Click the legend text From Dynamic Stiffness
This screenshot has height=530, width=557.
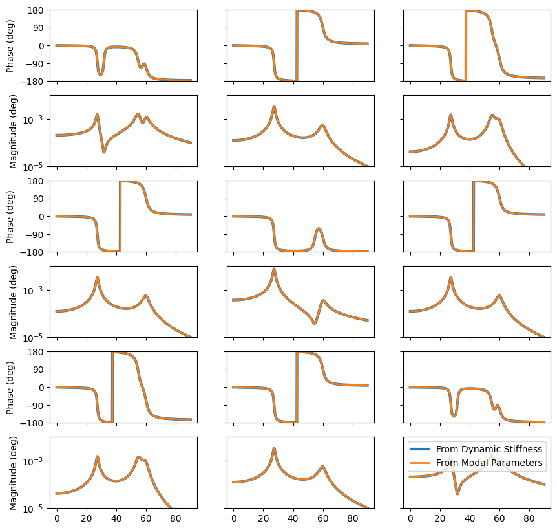point(489,449)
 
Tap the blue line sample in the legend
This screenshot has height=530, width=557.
point(420,449)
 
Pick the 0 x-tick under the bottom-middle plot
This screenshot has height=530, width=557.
point(233,519)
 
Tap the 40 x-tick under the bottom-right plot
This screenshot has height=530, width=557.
point(469,519)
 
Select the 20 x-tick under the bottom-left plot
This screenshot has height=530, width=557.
point(87,519)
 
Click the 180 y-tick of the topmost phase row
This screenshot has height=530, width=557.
point(36,10)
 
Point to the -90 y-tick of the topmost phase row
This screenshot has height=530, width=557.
point(34,63)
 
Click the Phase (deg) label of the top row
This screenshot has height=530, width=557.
point(10,46)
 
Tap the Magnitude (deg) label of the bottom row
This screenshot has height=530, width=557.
point(14,472)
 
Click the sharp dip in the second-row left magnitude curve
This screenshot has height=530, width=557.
point(104,151)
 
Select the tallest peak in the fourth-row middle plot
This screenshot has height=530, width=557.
point(274,269)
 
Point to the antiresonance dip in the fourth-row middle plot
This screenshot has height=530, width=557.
point(315,322)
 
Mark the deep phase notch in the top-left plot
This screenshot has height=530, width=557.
point(100,74)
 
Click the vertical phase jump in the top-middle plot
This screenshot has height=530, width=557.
point(297,45)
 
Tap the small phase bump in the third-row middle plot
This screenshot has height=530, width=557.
point(319,229)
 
